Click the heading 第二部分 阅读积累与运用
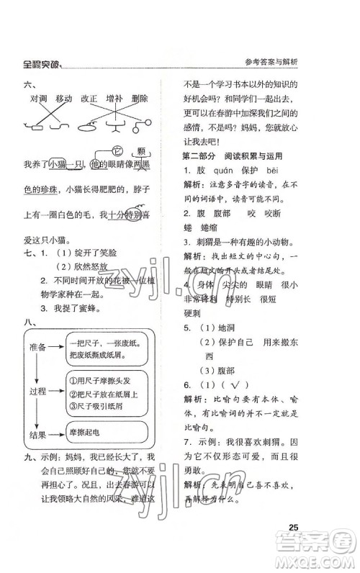[x=230, y=176]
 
